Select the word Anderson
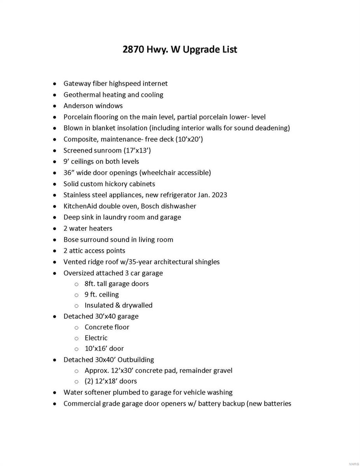(x=78, y=106)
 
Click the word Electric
(x=96, y=338)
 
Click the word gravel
(x=221, y=370)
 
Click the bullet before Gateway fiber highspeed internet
(x=54, y=84)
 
